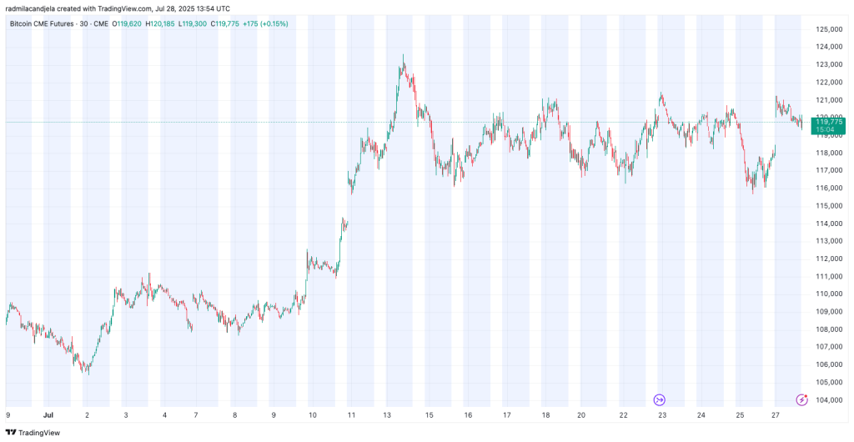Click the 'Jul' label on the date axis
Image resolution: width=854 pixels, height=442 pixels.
pos(48,414)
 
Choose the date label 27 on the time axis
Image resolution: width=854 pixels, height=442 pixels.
pos(775,414)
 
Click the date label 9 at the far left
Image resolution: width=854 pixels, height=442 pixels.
pos(8,414)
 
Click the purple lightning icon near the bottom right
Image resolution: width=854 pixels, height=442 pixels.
pos(801,400)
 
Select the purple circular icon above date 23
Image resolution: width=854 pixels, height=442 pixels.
pos(660,400)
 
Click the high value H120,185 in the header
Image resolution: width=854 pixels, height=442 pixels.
pos(159,23)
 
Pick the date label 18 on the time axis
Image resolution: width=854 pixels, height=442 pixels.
pos(544,414)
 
